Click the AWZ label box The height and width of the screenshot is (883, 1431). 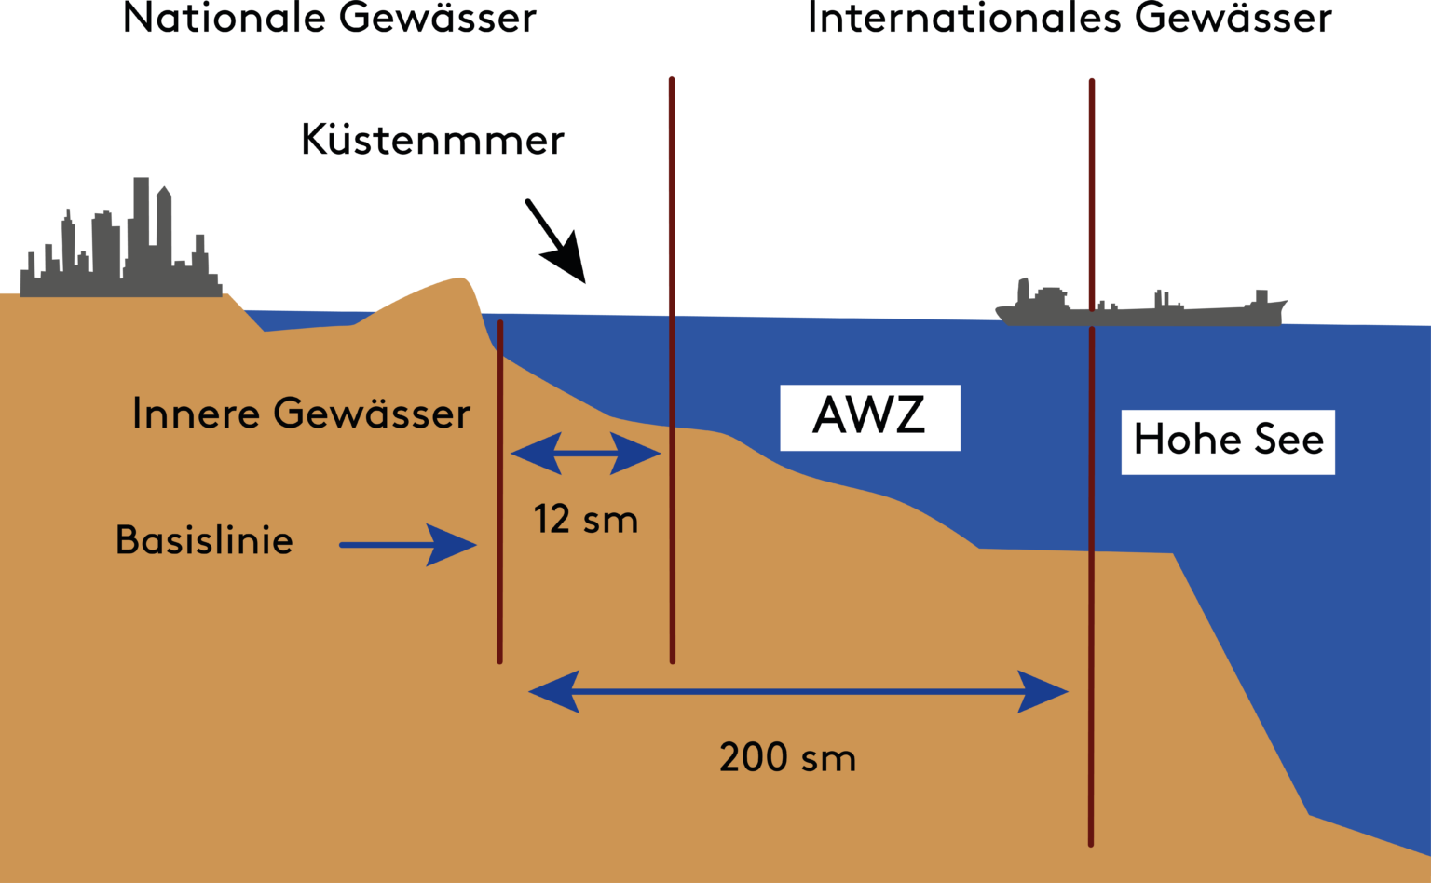coord(869,417)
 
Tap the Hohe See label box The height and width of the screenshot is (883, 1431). coord(1227,441)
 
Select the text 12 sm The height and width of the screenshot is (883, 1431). coord(585,520)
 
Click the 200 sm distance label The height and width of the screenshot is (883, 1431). coord(787,757)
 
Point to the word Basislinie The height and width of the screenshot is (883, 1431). coord(204,540)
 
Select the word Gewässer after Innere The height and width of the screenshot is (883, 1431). coord(372,414)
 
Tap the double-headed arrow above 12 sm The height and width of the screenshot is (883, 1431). coord(585,454)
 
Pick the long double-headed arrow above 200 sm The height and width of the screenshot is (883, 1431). coord(797,691)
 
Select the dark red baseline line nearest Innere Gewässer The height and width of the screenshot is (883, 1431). coord(500,494)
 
